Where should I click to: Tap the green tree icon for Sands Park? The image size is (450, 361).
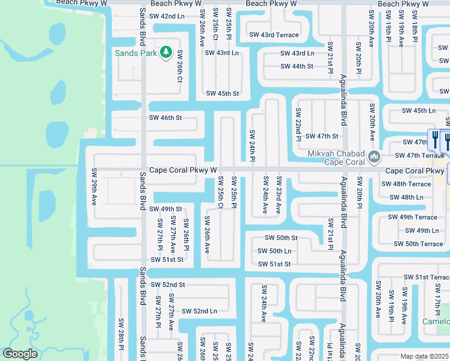[x=167, y=52]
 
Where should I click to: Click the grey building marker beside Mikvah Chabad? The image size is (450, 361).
[x=375, y=157]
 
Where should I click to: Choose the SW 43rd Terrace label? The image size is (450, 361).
[x=274, y=35]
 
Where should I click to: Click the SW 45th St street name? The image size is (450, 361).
[x=223, y=93]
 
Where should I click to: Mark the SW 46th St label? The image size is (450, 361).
[x=165, y=118]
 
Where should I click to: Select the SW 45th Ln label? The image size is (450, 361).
[x=419, y=111]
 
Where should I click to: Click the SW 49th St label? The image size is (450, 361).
[x=165, y=209]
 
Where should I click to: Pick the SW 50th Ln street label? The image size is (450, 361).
[x=274, y=251]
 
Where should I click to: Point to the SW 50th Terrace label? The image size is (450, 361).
[x=418, y=244]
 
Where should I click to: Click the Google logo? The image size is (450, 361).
[x=20, y=354]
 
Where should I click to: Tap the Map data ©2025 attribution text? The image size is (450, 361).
[x=424, y=356]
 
